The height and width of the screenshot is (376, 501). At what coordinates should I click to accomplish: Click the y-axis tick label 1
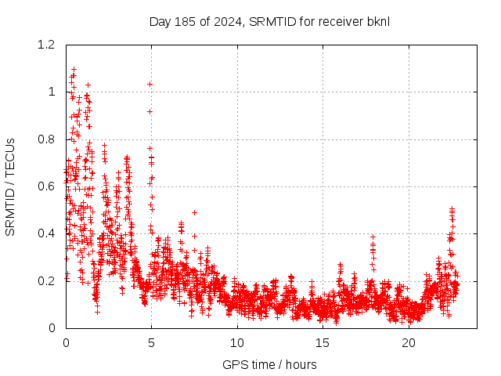(x=52, y=92)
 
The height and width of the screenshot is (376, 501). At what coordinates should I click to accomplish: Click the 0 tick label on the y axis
(x=52, y=327)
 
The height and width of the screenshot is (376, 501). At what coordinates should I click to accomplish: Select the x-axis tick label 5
(x=151, y=343)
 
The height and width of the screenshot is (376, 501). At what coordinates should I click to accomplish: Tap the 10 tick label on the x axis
(x=237, y=343)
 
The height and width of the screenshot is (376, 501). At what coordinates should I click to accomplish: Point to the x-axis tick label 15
(x=323, y=343)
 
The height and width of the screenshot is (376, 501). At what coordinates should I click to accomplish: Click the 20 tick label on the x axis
(x=409, y=343)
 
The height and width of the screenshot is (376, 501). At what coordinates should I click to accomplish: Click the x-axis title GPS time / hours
(x=269, y=364)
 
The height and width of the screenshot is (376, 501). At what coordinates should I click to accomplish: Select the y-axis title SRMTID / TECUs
(x=11, y=186)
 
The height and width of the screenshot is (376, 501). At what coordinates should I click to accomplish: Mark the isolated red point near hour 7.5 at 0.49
(x=194, y=212)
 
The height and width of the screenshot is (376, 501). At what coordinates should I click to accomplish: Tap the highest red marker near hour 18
(x=373, y=237)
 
